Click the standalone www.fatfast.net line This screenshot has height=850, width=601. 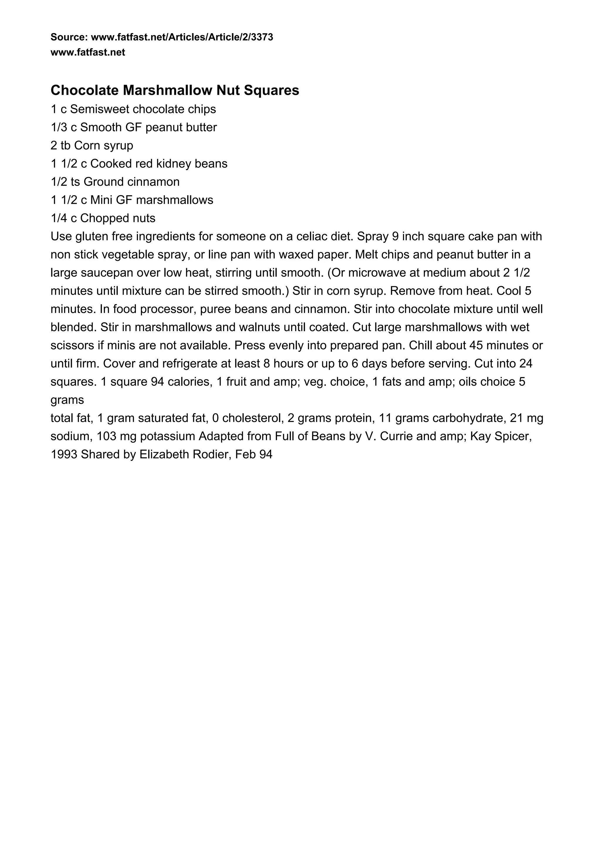coord(88,52)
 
